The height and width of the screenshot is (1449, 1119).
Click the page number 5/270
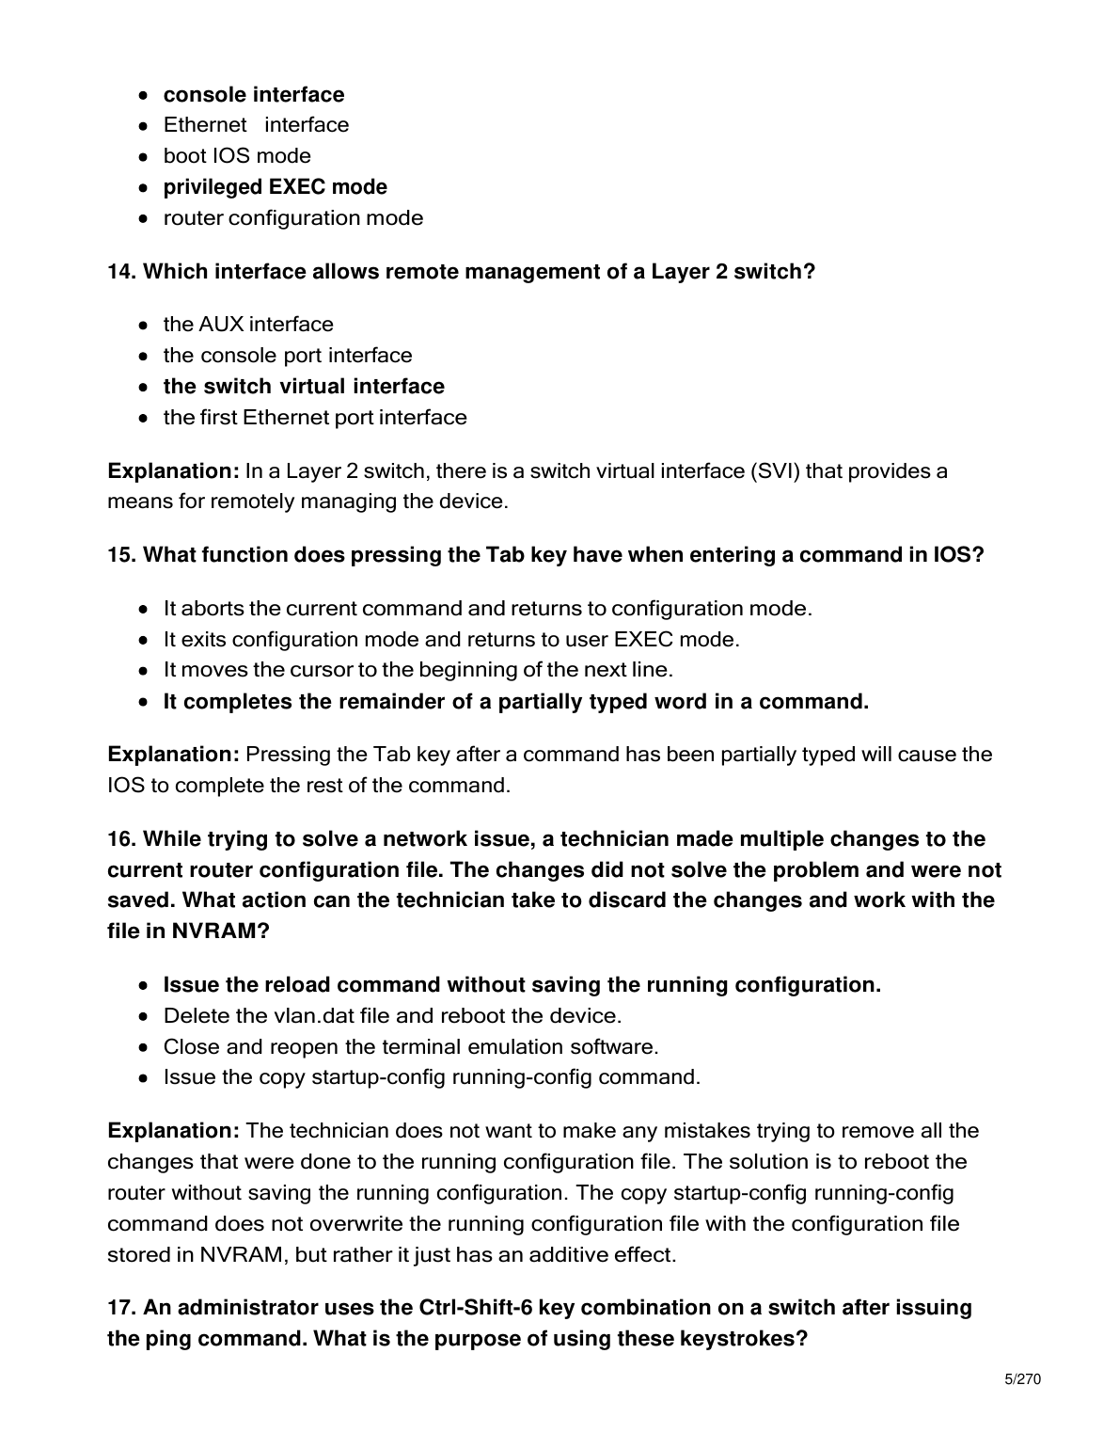coord(1023,1380)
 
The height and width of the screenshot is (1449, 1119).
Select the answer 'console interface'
coord(254,95)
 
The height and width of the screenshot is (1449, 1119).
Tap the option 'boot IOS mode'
coord(237,156)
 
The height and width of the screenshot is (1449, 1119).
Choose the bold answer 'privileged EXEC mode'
coord(275,187)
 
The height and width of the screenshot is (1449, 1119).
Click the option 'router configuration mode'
coord(292,218)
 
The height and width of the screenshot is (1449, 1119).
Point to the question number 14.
coord(121,272)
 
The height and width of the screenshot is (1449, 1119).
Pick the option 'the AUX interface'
coord(248,325)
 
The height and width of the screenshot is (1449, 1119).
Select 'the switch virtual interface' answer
coord(304,387)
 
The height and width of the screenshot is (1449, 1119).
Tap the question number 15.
coord(121,555)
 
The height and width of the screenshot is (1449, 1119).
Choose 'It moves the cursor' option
coord(418,670)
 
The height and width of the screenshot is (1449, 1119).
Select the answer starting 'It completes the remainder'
coord(515,702)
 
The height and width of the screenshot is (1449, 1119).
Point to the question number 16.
coord(121,839)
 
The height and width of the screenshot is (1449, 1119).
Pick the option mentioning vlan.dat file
coord(392,1016)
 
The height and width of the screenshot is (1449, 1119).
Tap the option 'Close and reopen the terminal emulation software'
coord(410,1047)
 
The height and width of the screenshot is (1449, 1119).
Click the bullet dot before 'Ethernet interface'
coord(142,125)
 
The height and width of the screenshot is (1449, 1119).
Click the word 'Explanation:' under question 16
coord(174,1131)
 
